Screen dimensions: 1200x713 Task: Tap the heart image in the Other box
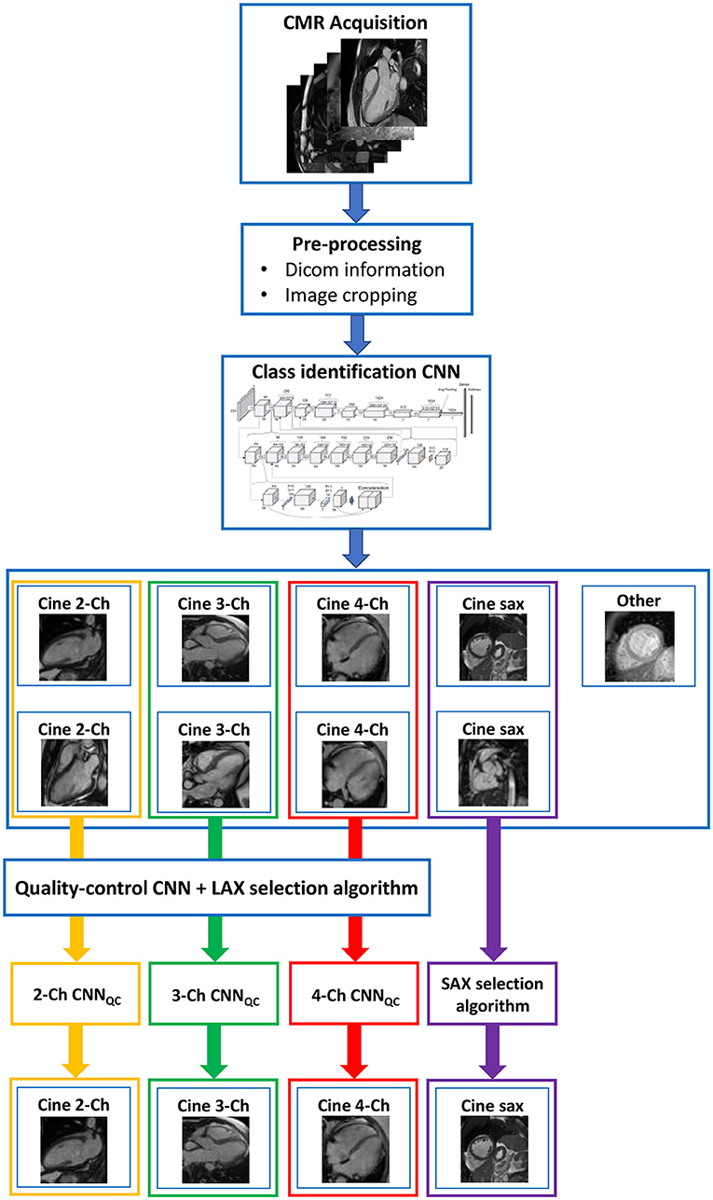point(637,652)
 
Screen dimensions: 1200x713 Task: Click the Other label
point(638,600)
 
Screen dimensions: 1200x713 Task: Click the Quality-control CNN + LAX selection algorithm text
point(222,889)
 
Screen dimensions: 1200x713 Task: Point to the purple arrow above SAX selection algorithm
point(492,895)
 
